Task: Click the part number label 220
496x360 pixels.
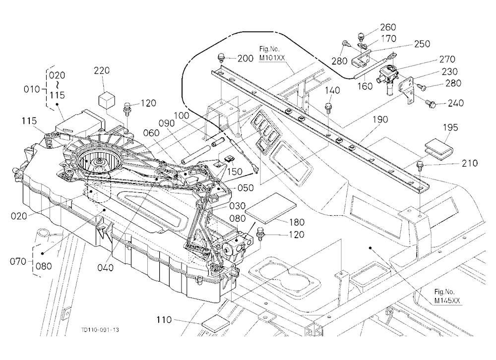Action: (x=102, y=70)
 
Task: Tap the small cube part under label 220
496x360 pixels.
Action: (x=106, y=100)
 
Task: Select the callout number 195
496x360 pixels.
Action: (x=450, y=127)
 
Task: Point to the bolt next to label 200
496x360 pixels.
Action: (x=221, y=58)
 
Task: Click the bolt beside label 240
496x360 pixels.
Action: (x=430, y=103)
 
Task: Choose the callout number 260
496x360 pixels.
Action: (x=388, y=27)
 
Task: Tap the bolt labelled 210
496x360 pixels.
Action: (x=421, y=165)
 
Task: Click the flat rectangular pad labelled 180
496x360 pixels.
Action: (x=271, y=206)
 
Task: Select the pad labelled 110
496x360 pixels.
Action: (x=215, y=323)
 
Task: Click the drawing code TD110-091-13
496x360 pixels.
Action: (x=100, y=330)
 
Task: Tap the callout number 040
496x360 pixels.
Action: (x=105, y=268)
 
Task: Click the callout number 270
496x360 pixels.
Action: (x=447, y=59)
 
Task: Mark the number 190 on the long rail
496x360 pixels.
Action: (x=380, y=120)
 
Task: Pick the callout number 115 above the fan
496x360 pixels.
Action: (x=29, y=121)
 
